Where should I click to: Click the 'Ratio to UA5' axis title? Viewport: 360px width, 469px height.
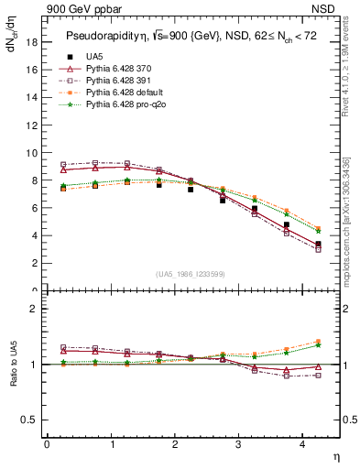[13, 376]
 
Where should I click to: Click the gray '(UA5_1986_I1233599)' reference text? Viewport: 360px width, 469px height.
[193, 274]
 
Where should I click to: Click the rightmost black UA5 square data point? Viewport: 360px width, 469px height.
[318, 245]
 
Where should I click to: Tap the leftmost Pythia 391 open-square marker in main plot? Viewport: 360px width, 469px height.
[63, 164]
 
